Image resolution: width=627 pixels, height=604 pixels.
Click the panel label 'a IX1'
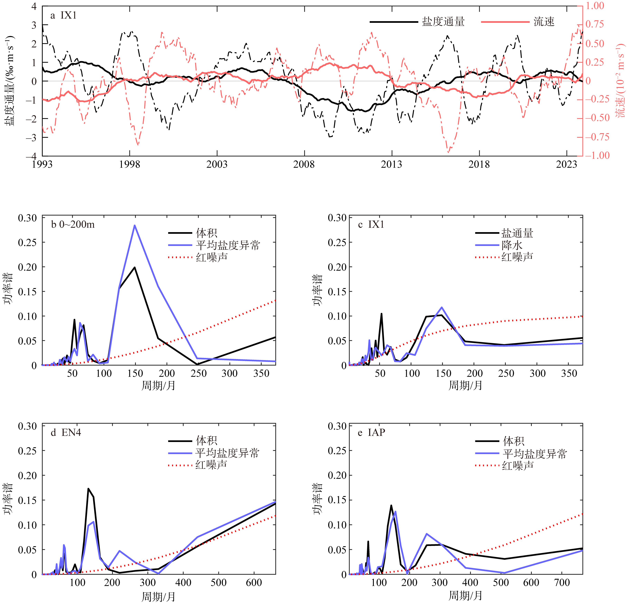click(64, 15)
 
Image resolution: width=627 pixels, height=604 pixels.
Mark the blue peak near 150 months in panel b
click(135, 225)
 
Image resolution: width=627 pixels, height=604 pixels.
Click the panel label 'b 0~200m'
click(73, 225)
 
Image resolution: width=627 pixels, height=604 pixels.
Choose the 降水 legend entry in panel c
click(512, 245)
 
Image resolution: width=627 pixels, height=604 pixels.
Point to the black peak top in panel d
click(88, 489)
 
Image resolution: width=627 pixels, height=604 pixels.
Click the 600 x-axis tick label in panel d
click(254, 583)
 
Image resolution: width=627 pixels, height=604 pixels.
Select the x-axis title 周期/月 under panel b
click(158, 386)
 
